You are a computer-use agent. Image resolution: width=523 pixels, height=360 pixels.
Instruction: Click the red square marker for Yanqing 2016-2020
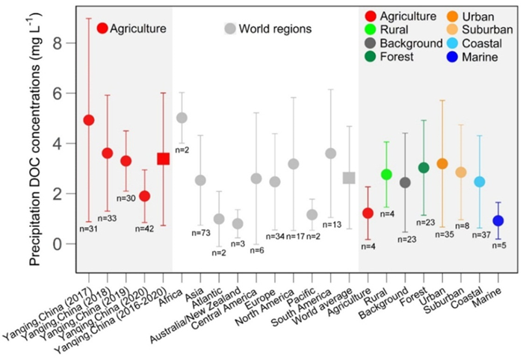pyautogui.click(x=163, y=158)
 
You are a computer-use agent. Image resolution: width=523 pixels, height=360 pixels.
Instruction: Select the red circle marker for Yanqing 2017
pyautogui.click(x=88, y=120)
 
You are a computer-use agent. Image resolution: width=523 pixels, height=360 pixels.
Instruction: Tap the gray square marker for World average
pyautogui.click(x=348, y=178)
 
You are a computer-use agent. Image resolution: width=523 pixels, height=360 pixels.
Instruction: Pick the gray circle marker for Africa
pyautogui.click(x=182, y=118)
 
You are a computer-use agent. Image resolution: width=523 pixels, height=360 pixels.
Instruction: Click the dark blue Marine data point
pyautogui.click(x=498, y=220)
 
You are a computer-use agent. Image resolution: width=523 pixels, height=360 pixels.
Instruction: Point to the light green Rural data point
pyautogui.click(x=386, y=174)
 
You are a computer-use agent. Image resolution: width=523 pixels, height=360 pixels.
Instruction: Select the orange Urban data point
pyautogui.click(x=442, y=164)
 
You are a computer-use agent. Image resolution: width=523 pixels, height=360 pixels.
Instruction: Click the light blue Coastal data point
pyautogui.click(x=479, y=181)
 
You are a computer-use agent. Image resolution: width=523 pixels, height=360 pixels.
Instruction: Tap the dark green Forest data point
pyautogui.click(x=424, y=167)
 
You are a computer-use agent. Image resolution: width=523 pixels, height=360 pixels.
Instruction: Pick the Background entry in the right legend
pyautogui.click(x=411, y=43)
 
